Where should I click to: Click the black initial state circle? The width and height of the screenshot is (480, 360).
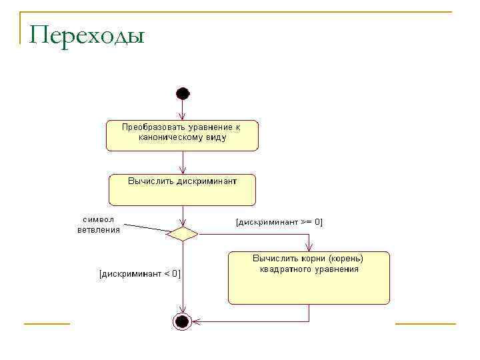tap(182, 92)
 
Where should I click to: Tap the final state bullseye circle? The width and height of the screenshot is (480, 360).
tap(182, 321)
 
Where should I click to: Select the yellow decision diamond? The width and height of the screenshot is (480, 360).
tap(182, 233)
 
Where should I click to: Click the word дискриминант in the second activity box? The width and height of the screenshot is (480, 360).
tap(207, 180)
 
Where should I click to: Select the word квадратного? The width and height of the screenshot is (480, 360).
tap(287, 269)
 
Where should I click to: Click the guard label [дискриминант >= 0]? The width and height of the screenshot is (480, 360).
tap(279, 222)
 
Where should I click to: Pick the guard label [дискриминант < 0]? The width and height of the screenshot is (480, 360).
tap(139, 273)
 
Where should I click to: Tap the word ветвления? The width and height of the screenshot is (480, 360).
tap(99, 230)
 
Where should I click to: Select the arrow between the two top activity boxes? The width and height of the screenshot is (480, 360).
tap(182, 162)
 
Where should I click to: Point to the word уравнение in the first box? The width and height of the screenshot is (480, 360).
tap(207, 127)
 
